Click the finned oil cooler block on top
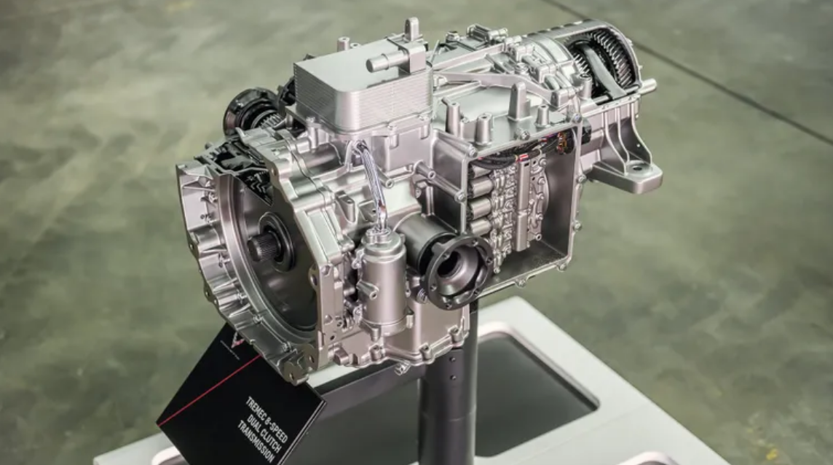[360, 93]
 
